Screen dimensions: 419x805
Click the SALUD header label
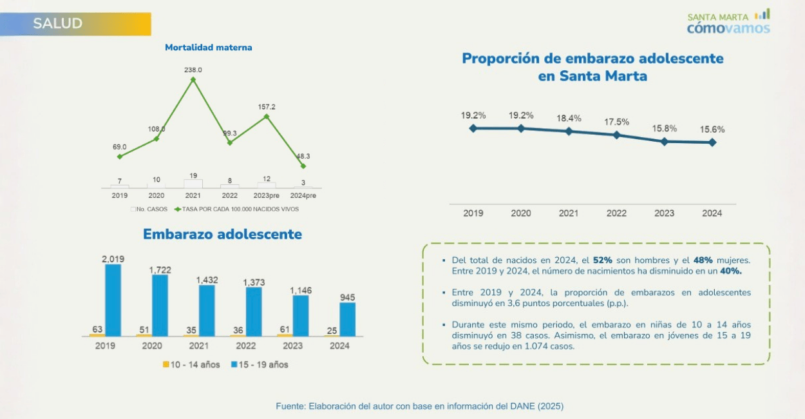click(x=58, y=24)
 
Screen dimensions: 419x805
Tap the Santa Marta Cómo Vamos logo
click(x=728, y=23)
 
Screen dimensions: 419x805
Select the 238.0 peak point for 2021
click(x=193, y=79)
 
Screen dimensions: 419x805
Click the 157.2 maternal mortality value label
click(x=266, y=106)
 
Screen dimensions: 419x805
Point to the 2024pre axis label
click(x=303, y=195)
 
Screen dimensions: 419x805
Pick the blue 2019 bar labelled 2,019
click(x=113, y=300)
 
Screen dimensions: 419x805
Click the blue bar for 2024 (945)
click(x=347, y=319)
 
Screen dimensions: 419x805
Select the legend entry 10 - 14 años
click(x=191, y=365)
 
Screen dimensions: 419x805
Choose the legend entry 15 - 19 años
click(x=259, y=365)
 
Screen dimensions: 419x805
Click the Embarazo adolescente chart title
click(x=222, y=234)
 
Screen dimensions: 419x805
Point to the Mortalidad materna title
click(x=209, y=48)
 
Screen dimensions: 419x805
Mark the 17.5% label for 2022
click(x=616, y=122)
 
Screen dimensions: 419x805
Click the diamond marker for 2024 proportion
click(x=712, y=142)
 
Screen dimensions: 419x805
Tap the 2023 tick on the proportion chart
click(x=664, y=213)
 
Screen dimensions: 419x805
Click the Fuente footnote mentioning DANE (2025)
click(x=420, y=406)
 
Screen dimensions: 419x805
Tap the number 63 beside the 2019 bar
click(x=98, y=329)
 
